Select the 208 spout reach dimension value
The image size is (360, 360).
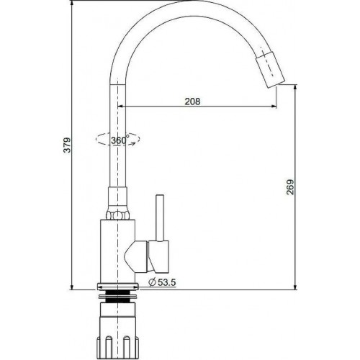point(192,102)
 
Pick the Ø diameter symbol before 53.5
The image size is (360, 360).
point(152,282)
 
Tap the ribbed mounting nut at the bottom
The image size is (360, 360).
point(116,328)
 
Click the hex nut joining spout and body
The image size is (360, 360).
point(118,214)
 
